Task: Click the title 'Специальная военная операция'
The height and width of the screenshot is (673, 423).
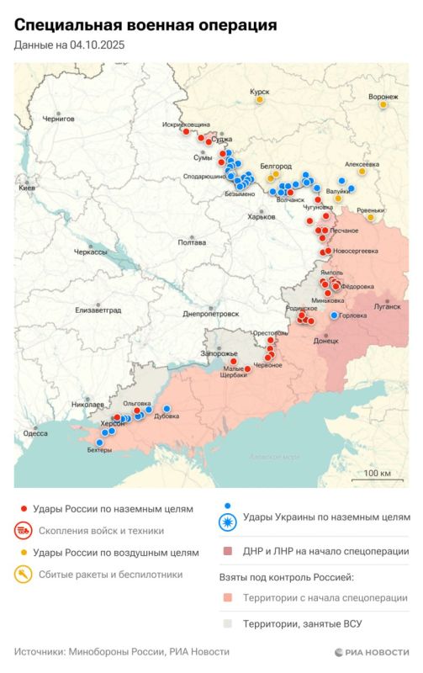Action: pos(145,27)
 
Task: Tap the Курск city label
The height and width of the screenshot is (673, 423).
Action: pos(260,92)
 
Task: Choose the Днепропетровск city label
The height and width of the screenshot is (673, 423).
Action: pos(211,314)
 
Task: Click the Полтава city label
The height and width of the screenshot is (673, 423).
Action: pos(192,242)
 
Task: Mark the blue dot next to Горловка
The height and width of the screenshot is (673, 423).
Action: pos(335,315)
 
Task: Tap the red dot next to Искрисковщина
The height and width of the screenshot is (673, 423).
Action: pos(186,131)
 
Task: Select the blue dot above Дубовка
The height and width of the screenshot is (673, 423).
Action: pos(167,409)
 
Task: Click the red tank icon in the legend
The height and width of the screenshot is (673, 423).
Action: pos(24,531)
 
